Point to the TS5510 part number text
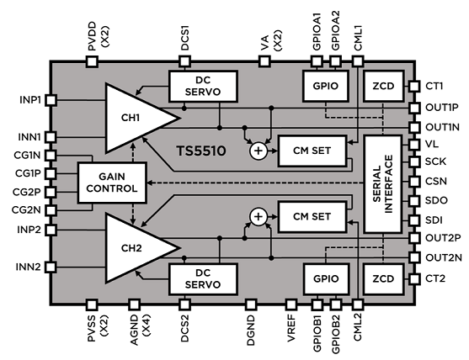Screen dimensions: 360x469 (205, 151)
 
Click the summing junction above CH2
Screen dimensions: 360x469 (259, 217)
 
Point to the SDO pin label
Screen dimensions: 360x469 (434, 200)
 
